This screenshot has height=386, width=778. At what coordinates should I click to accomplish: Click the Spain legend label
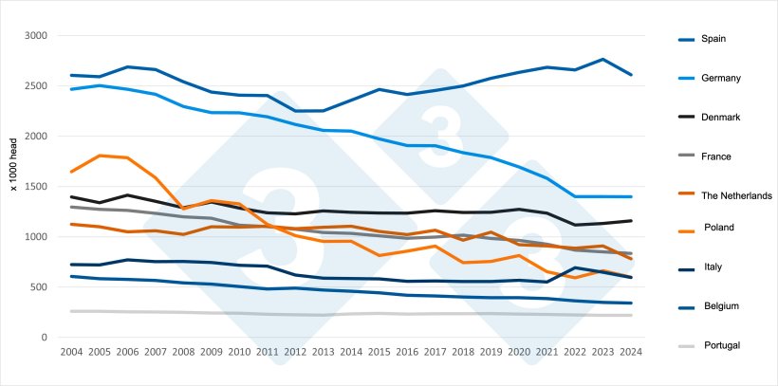click(713, 39)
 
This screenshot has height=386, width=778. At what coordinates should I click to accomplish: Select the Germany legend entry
click(720, 78)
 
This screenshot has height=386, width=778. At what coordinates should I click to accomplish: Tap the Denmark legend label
click(720, 117)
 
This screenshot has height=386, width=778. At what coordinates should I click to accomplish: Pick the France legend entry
click(716, 156)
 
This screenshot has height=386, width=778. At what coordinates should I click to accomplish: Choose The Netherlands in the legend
click(736, 195)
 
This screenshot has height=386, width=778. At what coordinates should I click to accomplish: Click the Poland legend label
click(718, 228)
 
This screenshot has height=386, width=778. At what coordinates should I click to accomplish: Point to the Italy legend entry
click(713, 267)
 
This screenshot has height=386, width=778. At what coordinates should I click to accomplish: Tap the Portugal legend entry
click(720, 345)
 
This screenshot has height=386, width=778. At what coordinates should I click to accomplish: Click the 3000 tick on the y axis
click(36, 36)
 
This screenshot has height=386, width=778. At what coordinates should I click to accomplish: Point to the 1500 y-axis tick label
click(36, 187)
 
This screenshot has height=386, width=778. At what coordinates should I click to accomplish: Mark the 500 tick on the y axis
click(39, 287)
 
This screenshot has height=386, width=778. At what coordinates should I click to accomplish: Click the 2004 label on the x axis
click(71, 352)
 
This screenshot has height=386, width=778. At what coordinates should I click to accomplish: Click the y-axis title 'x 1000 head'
click(14, 163)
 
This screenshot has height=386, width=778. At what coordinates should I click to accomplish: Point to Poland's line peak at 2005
click(99, 156)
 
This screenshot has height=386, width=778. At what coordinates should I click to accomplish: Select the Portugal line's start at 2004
click(71, 311)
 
